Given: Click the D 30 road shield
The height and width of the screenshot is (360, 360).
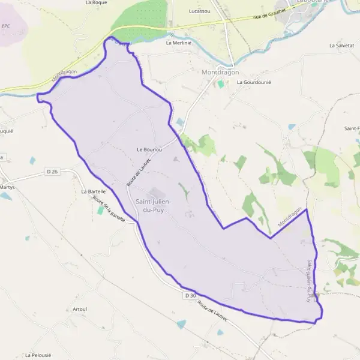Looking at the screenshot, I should [190, 296].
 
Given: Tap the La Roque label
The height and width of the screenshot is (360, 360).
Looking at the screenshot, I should [96, 2].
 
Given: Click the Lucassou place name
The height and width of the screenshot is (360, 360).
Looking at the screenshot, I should [199, 11].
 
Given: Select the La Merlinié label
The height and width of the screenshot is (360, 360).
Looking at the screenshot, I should [178, 43].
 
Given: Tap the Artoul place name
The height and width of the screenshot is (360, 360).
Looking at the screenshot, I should [80, 309].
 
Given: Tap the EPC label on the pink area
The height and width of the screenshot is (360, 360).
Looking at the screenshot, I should [6, 26].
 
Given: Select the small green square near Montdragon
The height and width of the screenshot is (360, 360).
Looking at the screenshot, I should [221, 85].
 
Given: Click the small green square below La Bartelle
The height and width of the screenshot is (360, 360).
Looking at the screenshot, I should [100, 211].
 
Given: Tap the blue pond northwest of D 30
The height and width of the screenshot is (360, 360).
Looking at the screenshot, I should [181, 324].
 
